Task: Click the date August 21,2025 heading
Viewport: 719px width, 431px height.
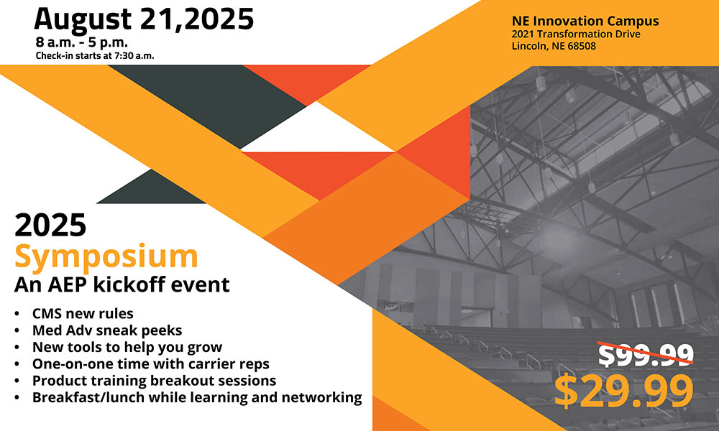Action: pos(144,19)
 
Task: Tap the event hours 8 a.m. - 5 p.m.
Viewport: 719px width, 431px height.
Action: pos(82,42)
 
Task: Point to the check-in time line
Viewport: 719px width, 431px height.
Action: pos(95,56)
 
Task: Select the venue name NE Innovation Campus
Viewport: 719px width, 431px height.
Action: pos(585,21)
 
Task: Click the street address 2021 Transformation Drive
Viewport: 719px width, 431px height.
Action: pos(576,34)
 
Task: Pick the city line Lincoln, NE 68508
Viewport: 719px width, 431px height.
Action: pos(554,46)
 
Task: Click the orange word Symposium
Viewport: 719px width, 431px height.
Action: pos(106,257)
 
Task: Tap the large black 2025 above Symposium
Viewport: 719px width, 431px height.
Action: pos(50,225)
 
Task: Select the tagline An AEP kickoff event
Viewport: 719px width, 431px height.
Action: pos(122,284)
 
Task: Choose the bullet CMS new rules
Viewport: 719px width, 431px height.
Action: pos(83,314)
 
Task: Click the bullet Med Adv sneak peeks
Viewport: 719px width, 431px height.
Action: pos(107,330)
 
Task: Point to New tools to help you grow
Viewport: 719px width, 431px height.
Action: pos(127,347)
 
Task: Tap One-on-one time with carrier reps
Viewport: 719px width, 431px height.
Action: pos(151,363)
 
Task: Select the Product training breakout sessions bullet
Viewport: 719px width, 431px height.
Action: pos(154,381)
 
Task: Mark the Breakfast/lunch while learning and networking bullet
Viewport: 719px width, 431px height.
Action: pos(197,397)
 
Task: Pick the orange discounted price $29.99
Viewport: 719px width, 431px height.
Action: pos(623,391)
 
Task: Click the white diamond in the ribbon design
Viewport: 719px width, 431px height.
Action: pos(317,127)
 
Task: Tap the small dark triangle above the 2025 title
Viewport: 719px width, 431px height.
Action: pos(151,187)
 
